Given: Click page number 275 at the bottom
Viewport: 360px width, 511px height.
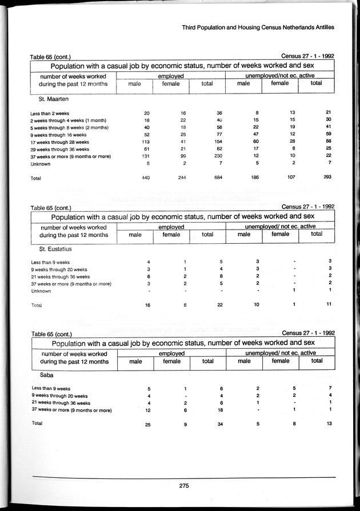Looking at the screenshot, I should [183, 486].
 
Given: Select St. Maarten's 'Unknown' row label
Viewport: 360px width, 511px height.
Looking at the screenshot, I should [41, 164].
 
